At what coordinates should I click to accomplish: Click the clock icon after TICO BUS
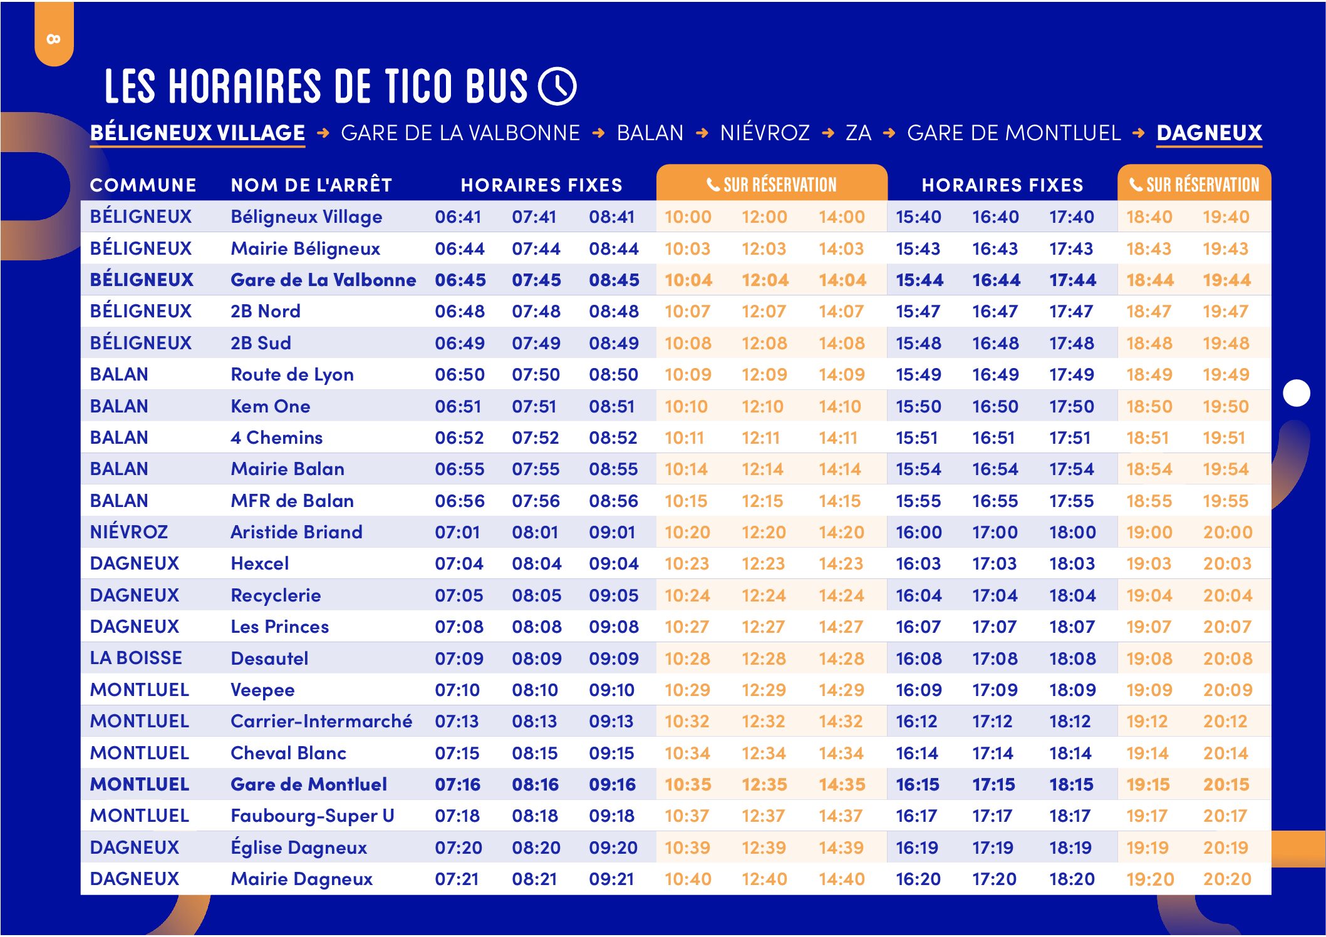click(557, 86)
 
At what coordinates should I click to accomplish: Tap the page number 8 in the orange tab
click(54, 39)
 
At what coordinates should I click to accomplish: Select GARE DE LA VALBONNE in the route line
click(460, 133)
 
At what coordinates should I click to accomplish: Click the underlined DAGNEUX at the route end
click(1209, 133)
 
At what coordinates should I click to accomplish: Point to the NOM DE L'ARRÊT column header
click(311, 185)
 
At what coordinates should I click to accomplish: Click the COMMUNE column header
click(143, 185)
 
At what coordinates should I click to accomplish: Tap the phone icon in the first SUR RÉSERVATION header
click(713, 185)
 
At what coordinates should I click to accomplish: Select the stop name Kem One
click(270, 406)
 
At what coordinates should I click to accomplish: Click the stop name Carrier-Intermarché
click(321, 721)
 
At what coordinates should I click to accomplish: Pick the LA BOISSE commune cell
click(136, 658)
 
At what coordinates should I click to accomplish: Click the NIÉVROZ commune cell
click(129, 532)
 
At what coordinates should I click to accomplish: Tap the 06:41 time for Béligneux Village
click(458, 217)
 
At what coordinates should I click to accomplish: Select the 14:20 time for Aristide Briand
click(841, 532)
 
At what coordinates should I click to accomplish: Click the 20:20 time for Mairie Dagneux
click(1226, 879)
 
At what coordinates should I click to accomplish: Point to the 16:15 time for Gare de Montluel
click(918, 784)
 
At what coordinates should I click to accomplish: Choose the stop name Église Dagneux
click(299, 847)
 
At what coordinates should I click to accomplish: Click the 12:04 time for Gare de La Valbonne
click(765, 280)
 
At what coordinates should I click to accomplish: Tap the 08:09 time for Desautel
click(536, 658)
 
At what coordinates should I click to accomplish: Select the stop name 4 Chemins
click(276, 438)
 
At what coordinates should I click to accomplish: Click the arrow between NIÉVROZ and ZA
click(828, 133)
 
